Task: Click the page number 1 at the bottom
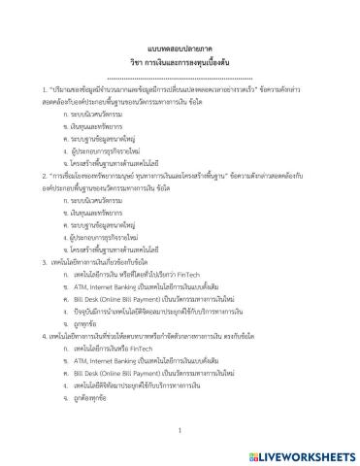180,429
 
